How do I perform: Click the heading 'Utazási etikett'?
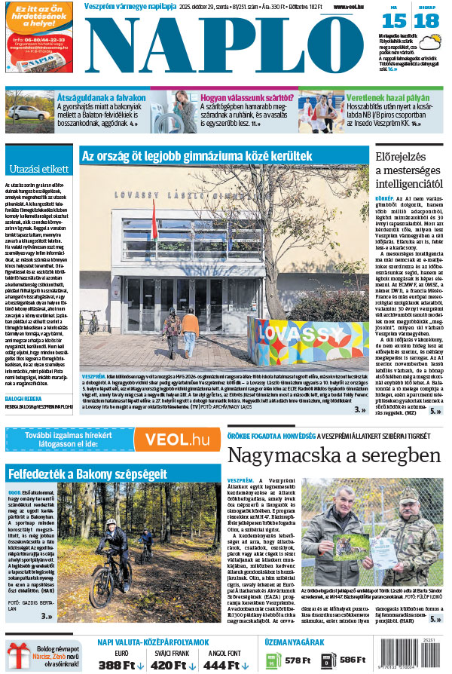(39, 170)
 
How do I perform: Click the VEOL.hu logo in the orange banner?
(177, 440)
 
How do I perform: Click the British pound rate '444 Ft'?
(224, 665)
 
